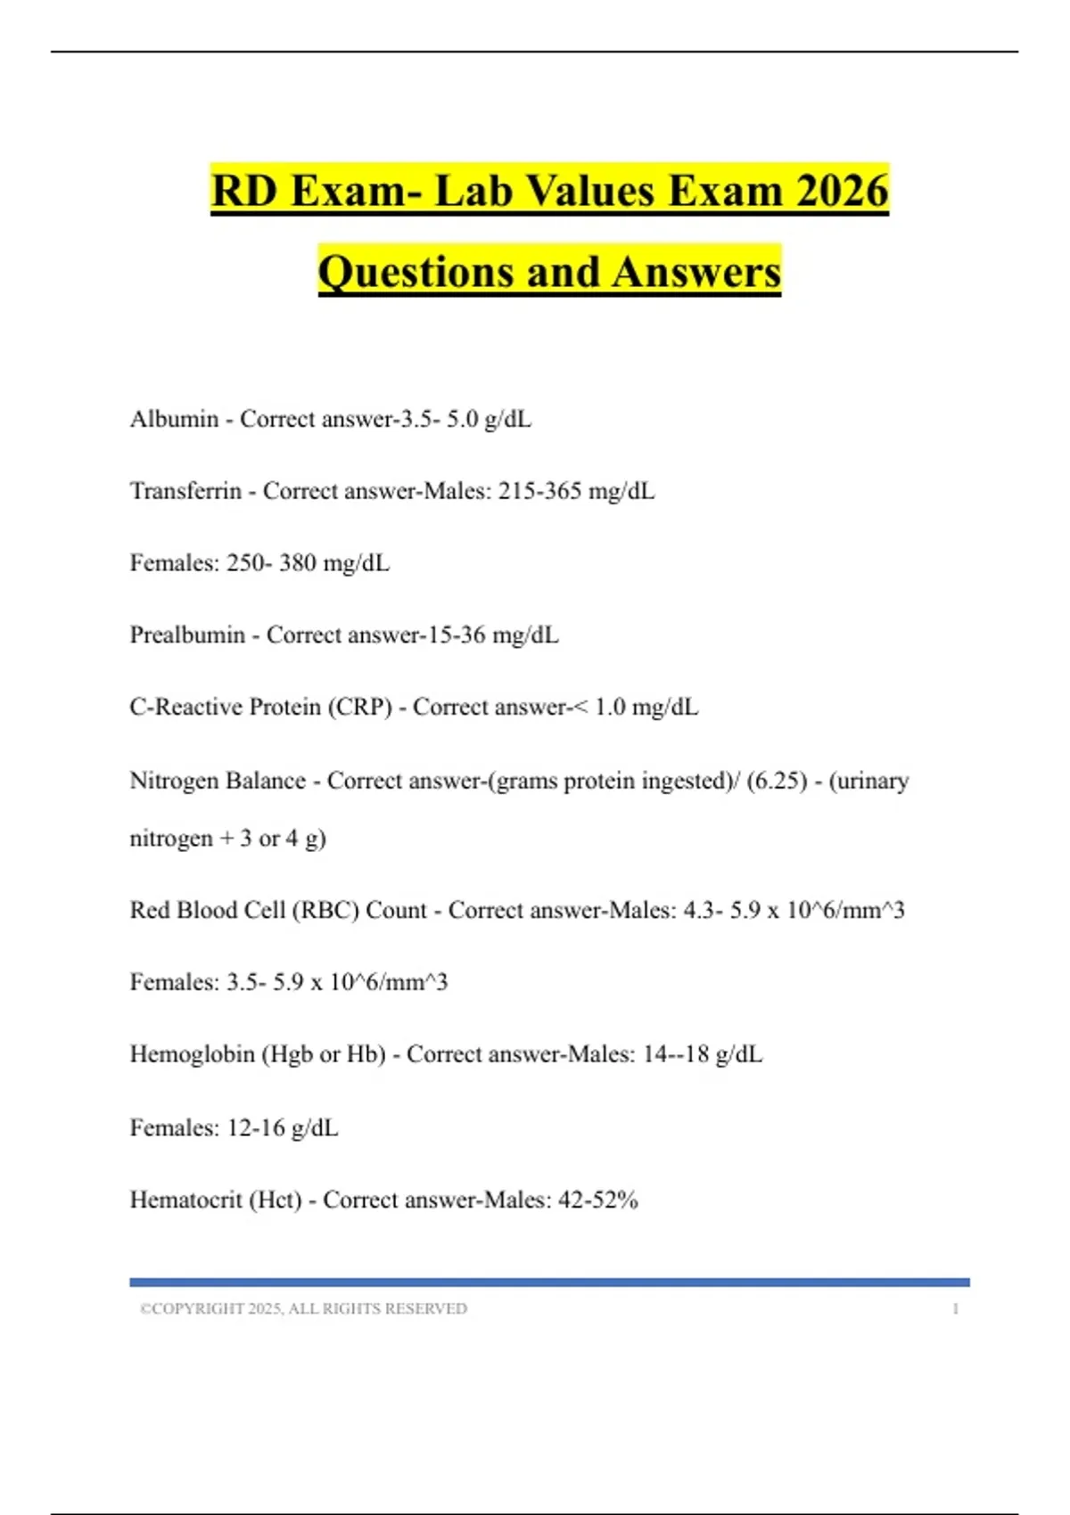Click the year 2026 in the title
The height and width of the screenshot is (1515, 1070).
[x=842, y=191]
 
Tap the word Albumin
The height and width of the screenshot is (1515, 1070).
[x=174, y=419]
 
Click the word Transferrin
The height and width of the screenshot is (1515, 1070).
[x=185, y=491]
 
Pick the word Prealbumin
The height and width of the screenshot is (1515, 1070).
[x=187, y=635]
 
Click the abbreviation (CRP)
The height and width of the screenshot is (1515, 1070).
[x=360, y=708]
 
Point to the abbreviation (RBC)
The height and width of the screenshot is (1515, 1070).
[x=325, y=910]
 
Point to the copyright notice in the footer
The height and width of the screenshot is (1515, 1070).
[x=303, y=1309]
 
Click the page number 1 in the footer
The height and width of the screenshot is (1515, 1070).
[x=956, y=1309]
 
